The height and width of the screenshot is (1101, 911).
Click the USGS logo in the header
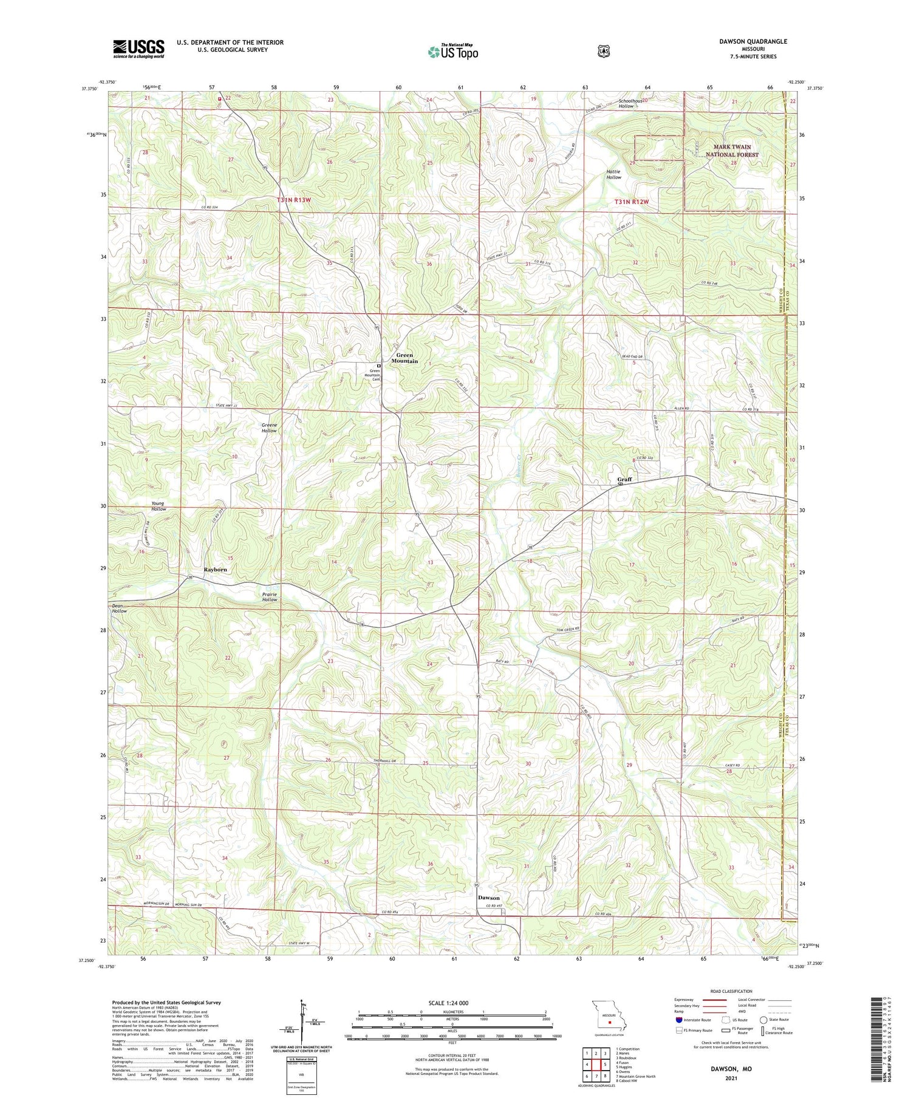tap(138, 49)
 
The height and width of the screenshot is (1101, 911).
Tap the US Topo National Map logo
tap(452, 52)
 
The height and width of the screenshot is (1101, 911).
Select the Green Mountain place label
tap(404, 358)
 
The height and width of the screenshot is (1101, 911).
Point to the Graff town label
tap(624, 479)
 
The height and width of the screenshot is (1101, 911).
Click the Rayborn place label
tap(215, 570)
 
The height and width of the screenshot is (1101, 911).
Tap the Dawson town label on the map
tap(488, 898)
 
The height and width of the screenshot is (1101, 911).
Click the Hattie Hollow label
tap(613, 174)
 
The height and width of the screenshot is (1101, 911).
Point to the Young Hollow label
tap(159, 506)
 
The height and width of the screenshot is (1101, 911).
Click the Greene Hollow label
tap(269, 428)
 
